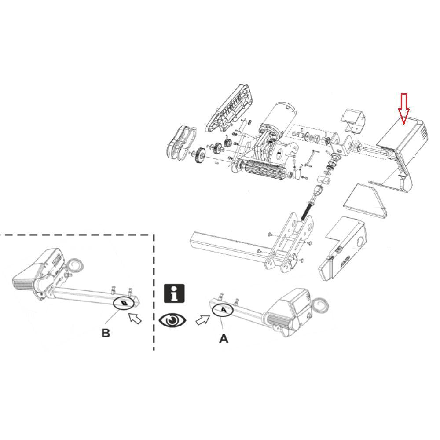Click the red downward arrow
click(403, 109)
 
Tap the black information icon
click(174, 293)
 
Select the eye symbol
click(172, 320)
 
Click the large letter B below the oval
click(106, 333)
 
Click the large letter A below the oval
click(224, 339)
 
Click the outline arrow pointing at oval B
click(135, 318)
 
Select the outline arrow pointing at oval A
click(203, 320)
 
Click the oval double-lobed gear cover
click(181, 143)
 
